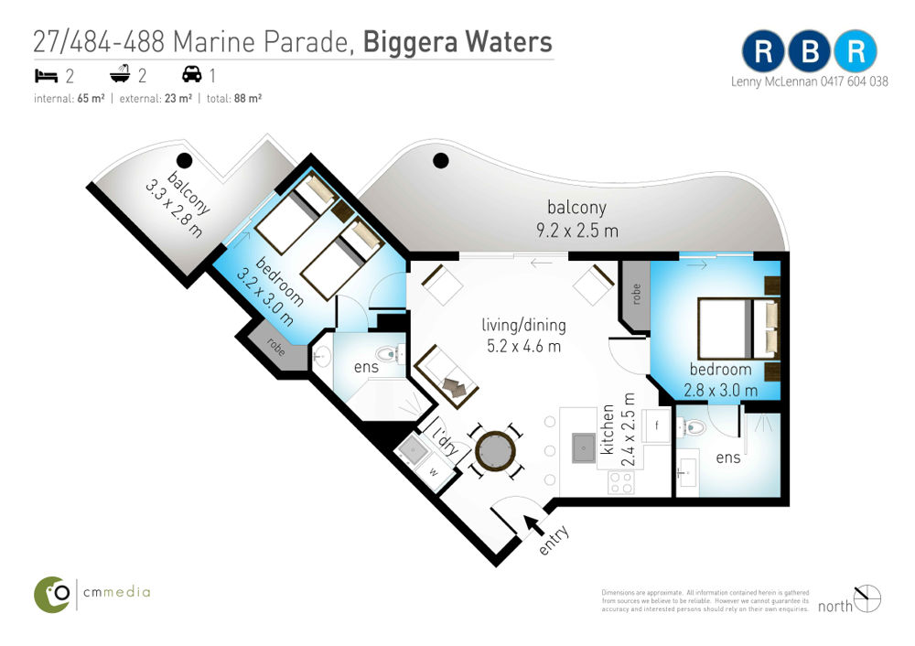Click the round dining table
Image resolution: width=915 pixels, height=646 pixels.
pos(495,451)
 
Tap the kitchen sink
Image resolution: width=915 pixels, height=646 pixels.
pos(584,447)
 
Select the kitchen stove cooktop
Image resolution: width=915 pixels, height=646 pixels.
pos(621,482)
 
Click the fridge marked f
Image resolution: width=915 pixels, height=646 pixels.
pos(656,425)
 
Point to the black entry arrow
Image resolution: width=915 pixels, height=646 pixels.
pos(533,524)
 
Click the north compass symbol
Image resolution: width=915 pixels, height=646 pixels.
pos(867,598)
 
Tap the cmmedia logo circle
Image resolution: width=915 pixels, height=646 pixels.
pos(52,595)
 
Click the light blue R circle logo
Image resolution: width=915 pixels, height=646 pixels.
pos(855,51)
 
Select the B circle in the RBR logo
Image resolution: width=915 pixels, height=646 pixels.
pos(810,51)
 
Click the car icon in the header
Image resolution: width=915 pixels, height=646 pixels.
pos(192,74)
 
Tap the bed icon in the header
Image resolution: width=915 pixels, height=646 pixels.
pos(46,75)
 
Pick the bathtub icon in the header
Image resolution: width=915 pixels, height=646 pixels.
pos(120,74)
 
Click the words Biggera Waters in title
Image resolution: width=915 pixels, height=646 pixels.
pos(457,42)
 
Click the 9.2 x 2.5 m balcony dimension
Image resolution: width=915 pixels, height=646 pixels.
pos(577,231)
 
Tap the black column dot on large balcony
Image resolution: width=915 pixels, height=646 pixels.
pos(441,160)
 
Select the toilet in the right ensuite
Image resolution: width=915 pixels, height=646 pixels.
pos(693,427)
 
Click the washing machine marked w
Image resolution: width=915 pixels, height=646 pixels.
pos(433,472)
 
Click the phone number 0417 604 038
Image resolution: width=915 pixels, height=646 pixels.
pos(855,81)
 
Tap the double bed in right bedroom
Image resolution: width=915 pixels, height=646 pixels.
pos(738,328)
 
